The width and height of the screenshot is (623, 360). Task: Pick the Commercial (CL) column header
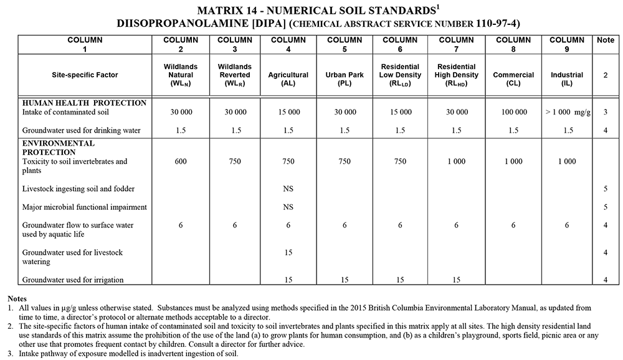513,75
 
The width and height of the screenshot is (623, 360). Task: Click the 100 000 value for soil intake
513,112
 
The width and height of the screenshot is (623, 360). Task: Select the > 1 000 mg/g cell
567,112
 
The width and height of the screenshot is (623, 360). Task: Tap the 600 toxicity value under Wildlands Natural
181,161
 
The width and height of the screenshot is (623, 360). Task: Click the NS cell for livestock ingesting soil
288,189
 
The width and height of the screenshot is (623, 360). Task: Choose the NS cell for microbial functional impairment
288,207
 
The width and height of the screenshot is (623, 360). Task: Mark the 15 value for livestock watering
288,252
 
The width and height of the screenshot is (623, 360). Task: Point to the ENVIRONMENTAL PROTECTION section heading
59,148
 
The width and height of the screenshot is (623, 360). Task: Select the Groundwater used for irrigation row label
73,280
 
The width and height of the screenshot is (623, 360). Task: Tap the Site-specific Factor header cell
85,75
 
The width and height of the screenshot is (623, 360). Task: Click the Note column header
605,40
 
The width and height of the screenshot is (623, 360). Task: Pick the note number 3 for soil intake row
605,112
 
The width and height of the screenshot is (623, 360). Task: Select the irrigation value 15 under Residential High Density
456,280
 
